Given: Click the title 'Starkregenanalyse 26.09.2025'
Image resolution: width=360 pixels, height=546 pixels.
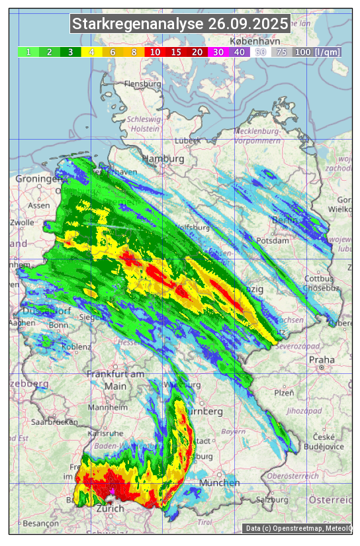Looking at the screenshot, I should [x=180, y=24].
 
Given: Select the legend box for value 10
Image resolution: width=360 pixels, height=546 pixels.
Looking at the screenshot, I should [x=155, y=52].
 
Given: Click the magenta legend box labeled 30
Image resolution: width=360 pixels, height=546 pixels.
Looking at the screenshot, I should [x=218, y=52].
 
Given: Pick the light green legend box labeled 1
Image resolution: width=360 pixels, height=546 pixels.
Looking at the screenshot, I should [x=28, y=52].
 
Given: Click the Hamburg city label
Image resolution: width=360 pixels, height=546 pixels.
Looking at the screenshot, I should [x=163, y=159].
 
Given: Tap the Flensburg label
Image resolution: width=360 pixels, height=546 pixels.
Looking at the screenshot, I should [x=142, y=85].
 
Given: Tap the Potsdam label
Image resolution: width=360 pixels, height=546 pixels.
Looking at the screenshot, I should [x=273, y=241].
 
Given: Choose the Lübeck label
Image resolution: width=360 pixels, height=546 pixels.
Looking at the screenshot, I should [x=187, y=141].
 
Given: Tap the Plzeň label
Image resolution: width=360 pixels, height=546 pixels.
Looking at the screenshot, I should [x=283, y=392].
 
